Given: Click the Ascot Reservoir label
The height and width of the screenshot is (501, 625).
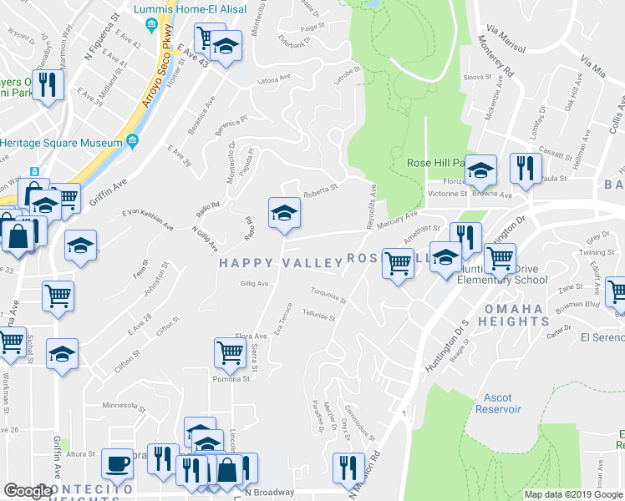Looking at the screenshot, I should click(x=498, y=403).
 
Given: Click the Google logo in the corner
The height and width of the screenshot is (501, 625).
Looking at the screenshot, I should click(x=28, y=491).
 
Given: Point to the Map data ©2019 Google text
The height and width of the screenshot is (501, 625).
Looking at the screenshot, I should click(x=572, y=494).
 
